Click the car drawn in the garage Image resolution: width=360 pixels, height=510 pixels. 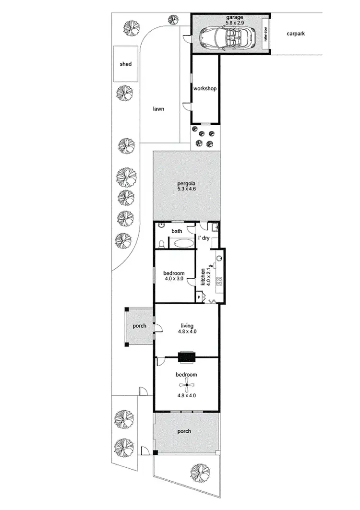(x=223, y=36)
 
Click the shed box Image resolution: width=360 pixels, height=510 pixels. (x=126, y=64)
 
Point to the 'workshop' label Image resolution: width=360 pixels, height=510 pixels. (x=204, y=89)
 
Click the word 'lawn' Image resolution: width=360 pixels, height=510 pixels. (x=158, y=109)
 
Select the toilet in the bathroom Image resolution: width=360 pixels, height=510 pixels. (x=162, y=244)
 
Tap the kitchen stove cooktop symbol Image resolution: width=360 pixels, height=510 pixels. (x=220, y=281)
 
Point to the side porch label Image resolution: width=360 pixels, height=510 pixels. (x=139, y=326)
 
